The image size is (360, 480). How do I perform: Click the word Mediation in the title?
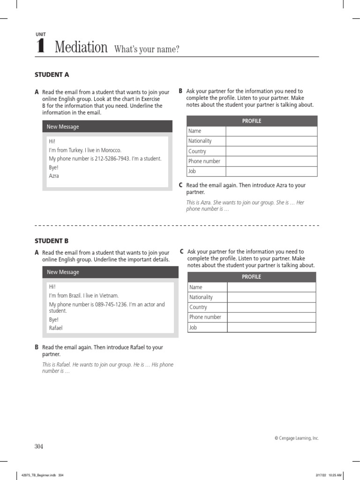coord(81,47)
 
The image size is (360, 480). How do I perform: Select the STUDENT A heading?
coord(52,75)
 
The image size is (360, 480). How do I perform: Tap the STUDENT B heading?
coord(52,241)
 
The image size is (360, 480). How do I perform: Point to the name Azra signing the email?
coord(54,176)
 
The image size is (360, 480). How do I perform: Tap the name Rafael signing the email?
coord(56,328)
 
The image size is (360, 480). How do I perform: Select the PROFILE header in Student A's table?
coord(252,121)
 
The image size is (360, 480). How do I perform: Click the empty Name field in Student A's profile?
coord(271,131)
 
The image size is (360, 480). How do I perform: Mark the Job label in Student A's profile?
coord(192,172)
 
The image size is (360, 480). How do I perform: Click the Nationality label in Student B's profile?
coord(201,297)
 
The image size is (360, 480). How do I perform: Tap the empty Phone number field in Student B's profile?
coord(271,317)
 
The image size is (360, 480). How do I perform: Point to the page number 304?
coord(38,446)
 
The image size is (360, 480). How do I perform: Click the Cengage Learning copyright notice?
coord(296,438)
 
